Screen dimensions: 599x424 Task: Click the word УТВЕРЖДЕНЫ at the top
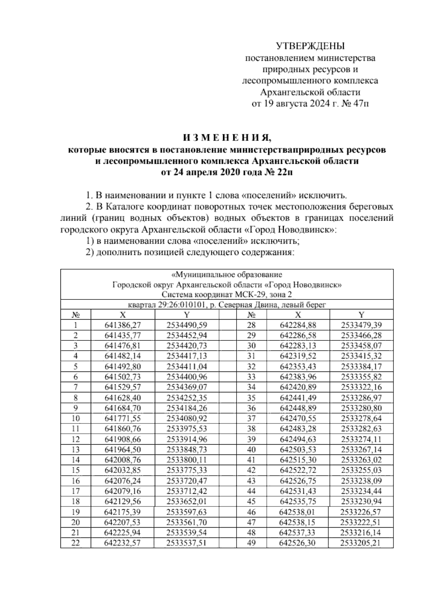(310, 46)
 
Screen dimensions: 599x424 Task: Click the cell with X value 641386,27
(123, 325)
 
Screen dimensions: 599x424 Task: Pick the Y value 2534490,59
(187, 325)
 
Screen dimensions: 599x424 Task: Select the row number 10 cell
(75, 419)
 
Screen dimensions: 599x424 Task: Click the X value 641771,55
(123, 419)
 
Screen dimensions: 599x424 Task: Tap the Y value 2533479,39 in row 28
(361, 325)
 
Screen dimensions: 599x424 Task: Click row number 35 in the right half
(251, 398)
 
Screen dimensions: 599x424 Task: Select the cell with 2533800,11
(187, 460)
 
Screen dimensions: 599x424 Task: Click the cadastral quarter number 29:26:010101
(182, 305)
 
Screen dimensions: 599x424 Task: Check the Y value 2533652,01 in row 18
(187, 502)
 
